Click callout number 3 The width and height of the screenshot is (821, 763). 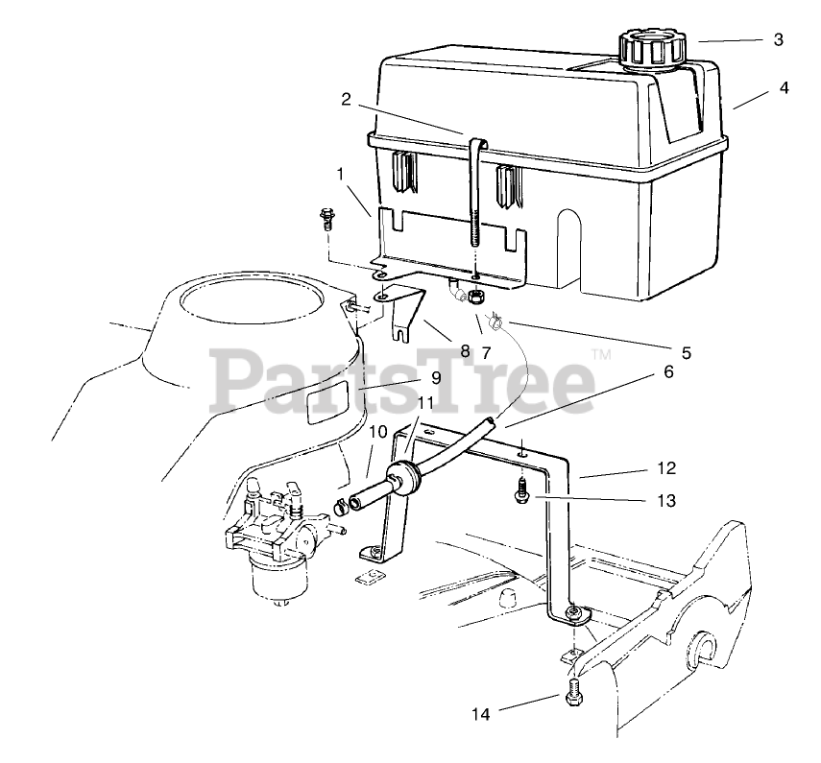(778, 40)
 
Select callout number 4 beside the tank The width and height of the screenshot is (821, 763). (784, 88)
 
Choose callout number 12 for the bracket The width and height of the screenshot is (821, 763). (667, 468)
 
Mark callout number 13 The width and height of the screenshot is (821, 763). (667, 500)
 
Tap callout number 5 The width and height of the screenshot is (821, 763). (686, 352)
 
